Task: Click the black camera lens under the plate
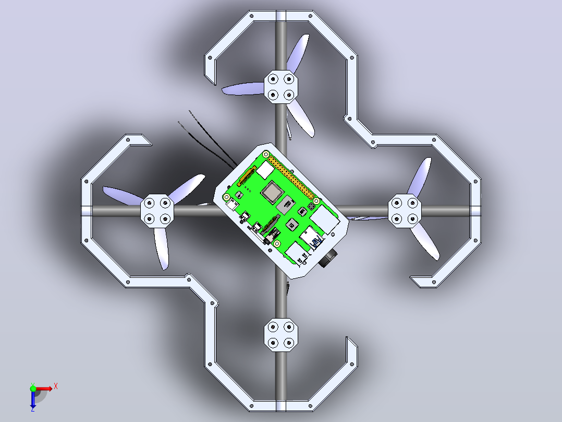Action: tap(328, 258)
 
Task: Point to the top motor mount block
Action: tap(282, 87)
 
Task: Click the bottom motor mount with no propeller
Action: tap(281, 335)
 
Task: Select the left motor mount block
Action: tap(157, 211)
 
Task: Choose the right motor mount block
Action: tap(405, 211)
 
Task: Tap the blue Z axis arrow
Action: tap(33, 400)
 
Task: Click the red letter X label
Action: tap(56, 386)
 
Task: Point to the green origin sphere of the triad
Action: tap(33, 389)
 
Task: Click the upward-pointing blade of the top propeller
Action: tap(298, 54)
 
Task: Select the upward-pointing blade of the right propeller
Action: tap(420, 177)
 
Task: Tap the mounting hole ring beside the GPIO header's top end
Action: tap(266, 155)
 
